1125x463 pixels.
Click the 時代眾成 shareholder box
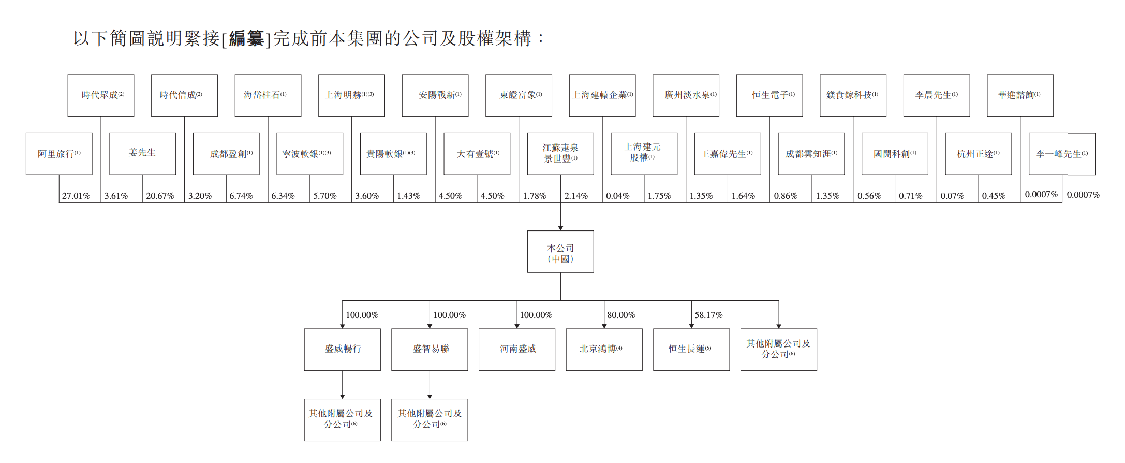[101, 95]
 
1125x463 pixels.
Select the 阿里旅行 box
[59, 154]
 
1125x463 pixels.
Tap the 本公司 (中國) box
[560, 252]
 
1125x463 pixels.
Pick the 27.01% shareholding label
[76, 196]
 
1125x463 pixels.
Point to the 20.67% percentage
[160, 196]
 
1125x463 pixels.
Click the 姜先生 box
[143, 154]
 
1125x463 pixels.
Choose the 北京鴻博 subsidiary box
[604, 350]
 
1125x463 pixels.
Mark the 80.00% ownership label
[621, 315]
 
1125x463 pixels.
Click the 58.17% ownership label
[708, 315]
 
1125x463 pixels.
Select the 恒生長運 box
[691, 350]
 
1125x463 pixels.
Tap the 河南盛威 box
[517, 350]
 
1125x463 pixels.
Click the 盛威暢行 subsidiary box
[343, 350]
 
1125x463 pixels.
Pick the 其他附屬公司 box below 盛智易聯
[430, 420]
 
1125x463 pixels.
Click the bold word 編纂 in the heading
[246, 38]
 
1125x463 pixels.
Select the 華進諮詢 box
[1020, 95]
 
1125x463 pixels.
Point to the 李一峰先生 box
[1062, 154]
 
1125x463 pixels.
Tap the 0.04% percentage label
[618, 196]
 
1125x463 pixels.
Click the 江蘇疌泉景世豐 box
[560, 154]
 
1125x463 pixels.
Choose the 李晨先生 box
[937, 95]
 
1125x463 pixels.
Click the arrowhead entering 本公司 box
[560, 228]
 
